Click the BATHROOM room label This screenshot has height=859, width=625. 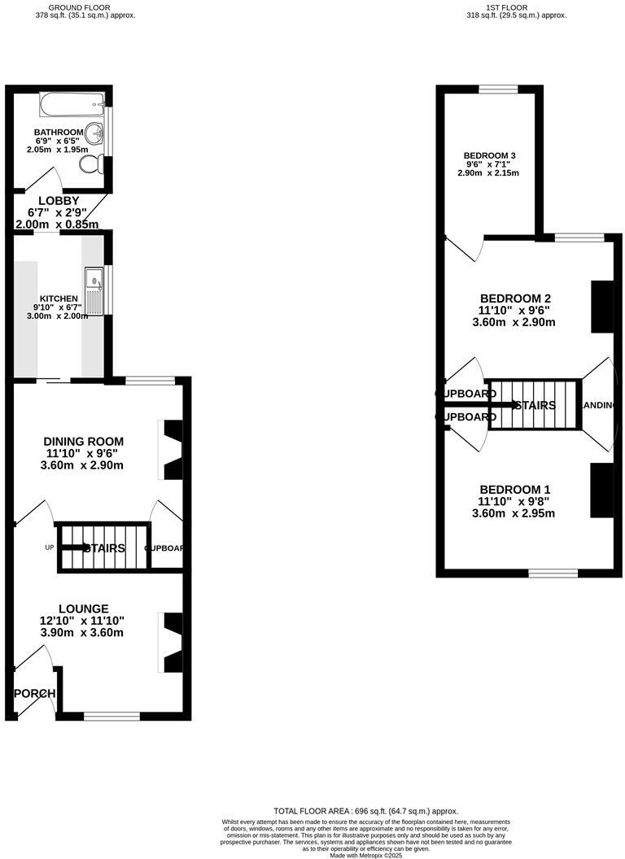[x=59, y=132]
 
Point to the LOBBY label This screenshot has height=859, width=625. [x=59, y=201]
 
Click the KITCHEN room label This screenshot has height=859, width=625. [x=55, y=299]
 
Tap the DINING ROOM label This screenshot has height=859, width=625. [x=83, y=442]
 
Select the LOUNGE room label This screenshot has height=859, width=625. [x=83, y=608]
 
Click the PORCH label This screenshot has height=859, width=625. [x=35, y=694]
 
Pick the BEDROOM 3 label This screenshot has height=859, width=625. [x=489, y=155]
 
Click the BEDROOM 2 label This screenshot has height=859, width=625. [x=515, y=298]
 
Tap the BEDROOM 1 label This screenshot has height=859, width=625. [x=514, y=489]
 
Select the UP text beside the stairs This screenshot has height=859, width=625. [x=49, y=547]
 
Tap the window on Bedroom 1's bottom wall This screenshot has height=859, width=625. [x=553, y=573]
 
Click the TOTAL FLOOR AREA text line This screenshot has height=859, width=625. [x=365, y=811]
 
